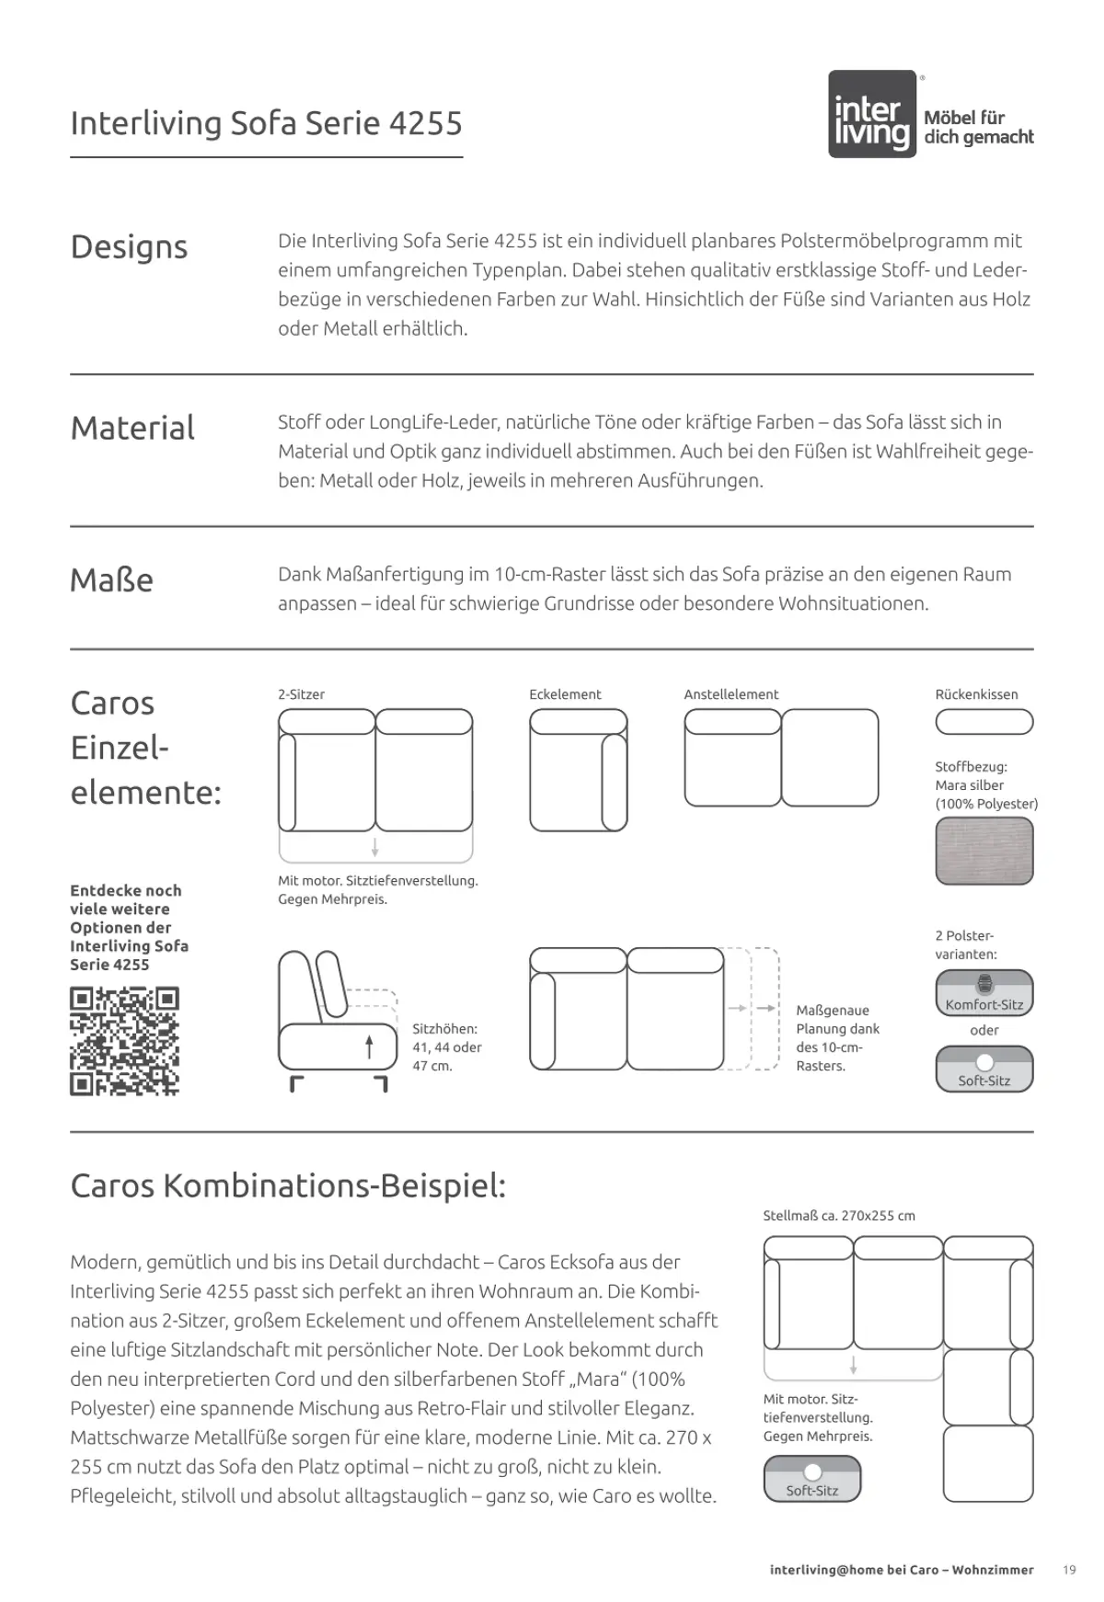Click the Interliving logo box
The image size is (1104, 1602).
pyautogui.click(x=872, y=114)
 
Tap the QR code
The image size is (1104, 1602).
pyautogui.click(x=124, y=1041)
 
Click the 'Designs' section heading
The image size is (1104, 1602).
pyautogui.click(x=129, y=247)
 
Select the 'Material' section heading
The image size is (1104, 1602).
pyautogui.click(x=132, y=429)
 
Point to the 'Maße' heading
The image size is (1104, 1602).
pyautogui.click(x=111, y=580)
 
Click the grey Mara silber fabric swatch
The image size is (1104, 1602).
pyautogui.click(x=983, y=851)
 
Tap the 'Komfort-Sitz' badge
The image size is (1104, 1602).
pyautogui.click(x=983, y=993)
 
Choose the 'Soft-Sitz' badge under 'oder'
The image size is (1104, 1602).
pyautogui.click(x=983, y=1070)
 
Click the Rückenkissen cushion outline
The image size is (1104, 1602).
pyautogui.click(x=983, y=722)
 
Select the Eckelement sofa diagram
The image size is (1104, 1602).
pyautogui.click(x=578, y=770)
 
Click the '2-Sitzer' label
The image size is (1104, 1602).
pyautogui.click(x=301, y=694)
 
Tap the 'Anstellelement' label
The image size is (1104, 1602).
pyautogui.click(x=730, y=694)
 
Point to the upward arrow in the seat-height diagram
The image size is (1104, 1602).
pyautogui.click(x=369, y=1047)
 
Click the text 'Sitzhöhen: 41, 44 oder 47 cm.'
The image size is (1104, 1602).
pyautogui.click(x=446, y=1047)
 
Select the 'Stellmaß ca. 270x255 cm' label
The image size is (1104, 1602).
pyautogui.click(x=838, y=1216)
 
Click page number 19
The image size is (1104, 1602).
pyautogui.click(x=1068, y=1570)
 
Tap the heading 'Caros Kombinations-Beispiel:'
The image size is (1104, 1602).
pyautogui.click(x=288, y=1186)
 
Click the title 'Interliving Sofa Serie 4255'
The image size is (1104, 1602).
pyautogui.click(x=266, y=123)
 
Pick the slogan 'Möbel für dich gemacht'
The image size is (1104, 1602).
pyautogui.click(x=978, y=128)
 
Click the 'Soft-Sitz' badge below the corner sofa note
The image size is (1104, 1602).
pyautogui.click(x=812, y=1480)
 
